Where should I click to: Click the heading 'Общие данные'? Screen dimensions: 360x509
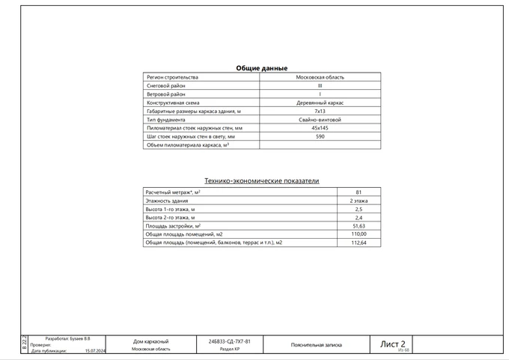point(261,68)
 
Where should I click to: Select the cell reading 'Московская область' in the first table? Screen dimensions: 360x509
point(320,77)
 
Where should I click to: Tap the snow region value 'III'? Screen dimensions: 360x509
point(320,85)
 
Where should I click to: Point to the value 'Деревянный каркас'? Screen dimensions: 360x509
point(320,103)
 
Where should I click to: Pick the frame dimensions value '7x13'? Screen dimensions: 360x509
point(320,111)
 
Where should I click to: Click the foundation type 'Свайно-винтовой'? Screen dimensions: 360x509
point(320,120)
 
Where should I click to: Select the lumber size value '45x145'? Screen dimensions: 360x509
point(320,128)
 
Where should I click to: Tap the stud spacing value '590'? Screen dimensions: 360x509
point(320,137)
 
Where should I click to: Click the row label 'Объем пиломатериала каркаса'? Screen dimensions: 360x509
point(187,145)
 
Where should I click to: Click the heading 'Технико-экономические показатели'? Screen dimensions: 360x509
point(262,180)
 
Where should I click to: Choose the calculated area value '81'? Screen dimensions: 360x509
point(359,192)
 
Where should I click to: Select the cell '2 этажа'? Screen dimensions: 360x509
point(359,201)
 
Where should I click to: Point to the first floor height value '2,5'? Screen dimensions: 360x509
point(359,210)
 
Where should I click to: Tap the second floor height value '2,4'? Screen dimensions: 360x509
point(359,218)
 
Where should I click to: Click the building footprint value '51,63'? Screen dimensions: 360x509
point(359,226)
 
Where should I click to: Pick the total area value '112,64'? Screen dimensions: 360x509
point(359,243)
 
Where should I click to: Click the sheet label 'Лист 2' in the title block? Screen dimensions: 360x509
point(393,344)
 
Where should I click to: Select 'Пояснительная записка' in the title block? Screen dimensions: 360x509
point(316,345)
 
